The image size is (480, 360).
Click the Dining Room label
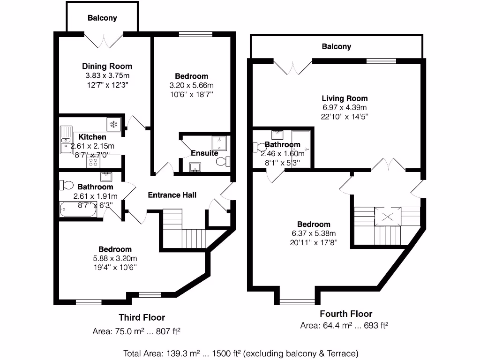tap(107, 66)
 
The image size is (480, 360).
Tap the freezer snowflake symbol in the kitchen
tap(113, 124)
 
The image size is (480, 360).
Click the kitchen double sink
tap(65, 140)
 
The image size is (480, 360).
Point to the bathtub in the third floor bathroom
tap(79, 210)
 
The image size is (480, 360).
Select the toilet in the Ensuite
tap(223, 162)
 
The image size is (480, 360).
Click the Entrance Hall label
tap(172, 195)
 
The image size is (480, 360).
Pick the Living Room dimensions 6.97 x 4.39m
tap(345, 108)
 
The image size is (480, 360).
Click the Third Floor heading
tap(142, 317)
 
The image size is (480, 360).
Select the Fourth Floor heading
tap(346, 314)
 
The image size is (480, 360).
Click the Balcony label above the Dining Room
tap(102, 18)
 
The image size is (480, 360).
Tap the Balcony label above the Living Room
tap(336, 46)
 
